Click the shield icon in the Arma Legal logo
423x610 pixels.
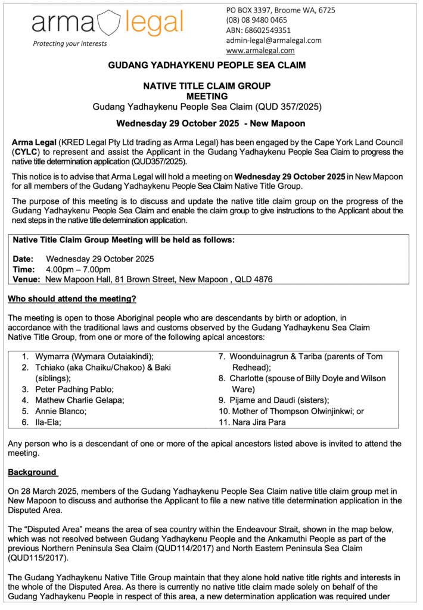(x=109, y=23)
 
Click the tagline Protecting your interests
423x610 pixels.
(x=70, y=43)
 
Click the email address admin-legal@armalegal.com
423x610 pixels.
(x=273, y=41)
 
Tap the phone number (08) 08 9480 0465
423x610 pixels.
(x=256, y=20)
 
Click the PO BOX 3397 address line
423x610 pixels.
(x=280, y=10)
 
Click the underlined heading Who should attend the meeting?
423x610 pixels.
(x=72, y=298)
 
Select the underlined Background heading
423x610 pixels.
(x=33, y=472)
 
